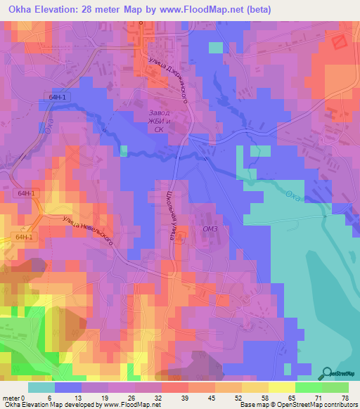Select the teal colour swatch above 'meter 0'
point(41,387)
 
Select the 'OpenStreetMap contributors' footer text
point(321,405)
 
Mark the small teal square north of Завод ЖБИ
point(215,47)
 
